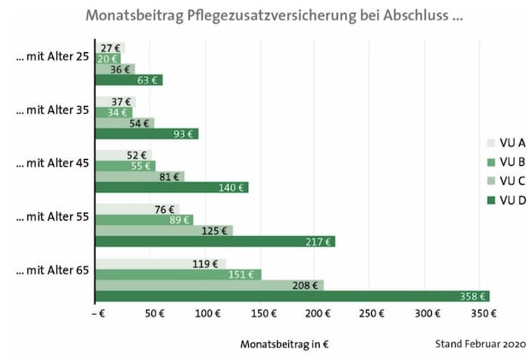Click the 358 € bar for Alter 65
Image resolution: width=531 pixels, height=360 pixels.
[x=291, y=296]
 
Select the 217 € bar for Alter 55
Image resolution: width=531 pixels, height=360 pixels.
[x=214, y=241]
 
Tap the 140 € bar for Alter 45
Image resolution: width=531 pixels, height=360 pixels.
[x=171, y=187]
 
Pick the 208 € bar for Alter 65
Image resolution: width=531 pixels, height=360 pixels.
[x=209, y=285]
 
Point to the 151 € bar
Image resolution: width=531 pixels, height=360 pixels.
[x=177, y=274]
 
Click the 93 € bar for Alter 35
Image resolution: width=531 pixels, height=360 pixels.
[x=145, y=133]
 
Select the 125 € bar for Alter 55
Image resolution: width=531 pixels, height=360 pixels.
[x=163, y=230]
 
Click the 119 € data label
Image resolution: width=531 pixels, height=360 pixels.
[x=206, y=264]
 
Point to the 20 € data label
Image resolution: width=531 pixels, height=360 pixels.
[x=109, y=59]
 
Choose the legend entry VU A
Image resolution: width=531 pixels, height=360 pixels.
[x=505, y=144]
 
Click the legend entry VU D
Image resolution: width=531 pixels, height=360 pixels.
[x=505, y=200]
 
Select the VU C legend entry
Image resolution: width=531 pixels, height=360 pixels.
[x=505, y=181]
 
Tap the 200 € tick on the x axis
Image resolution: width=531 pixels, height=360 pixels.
[x=317, y=314]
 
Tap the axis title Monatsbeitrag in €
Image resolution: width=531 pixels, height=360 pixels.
[x=286, y=344]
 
